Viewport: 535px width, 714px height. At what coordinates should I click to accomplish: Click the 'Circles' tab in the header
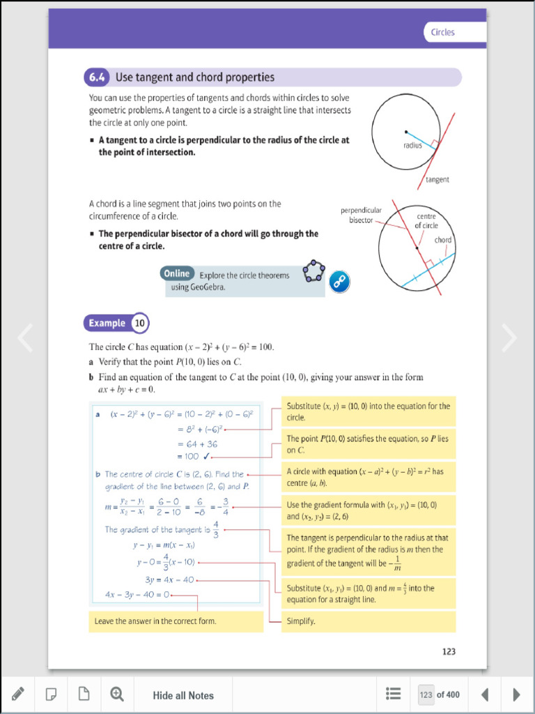(443, 32)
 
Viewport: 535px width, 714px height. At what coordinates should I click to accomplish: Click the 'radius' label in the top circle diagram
(412, 146)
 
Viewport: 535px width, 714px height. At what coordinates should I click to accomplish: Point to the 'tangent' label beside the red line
(437, 179)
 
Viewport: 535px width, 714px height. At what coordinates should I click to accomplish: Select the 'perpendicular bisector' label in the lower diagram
(361, 215)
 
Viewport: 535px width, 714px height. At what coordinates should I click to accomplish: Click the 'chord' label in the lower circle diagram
(443, 240)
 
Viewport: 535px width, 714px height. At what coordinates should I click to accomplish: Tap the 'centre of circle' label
(426, 221)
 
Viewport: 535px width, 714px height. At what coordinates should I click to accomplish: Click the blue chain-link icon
(339, 281)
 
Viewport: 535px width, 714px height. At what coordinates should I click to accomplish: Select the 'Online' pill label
(177, 274)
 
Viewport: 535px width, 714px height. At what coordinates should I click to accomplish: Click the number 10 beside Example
(139, 323)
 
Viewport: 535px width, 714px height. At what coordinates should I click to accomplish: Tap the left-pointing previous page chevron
(25, 337)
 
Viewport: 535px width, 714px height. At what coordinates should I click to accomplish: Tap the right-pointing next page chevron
(509, 337)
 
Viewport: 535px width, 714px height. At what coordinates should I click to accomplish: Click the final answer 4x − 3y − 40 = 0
(137, 595)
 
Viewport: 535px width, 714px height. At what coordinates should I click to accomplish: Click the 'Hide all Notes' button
(183, 695)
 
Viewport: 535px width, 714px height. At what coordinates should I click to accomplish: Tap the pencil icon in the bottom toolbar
(18, 694)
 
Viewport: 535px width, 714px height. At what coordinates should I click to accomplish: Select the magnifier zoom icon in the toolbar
(117, 694)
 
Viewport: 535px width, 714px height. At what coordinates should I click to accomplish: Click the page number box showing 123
(426, 694)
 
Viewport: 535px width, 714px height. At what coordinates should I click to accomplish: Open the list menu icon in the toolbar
(393, 694)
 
